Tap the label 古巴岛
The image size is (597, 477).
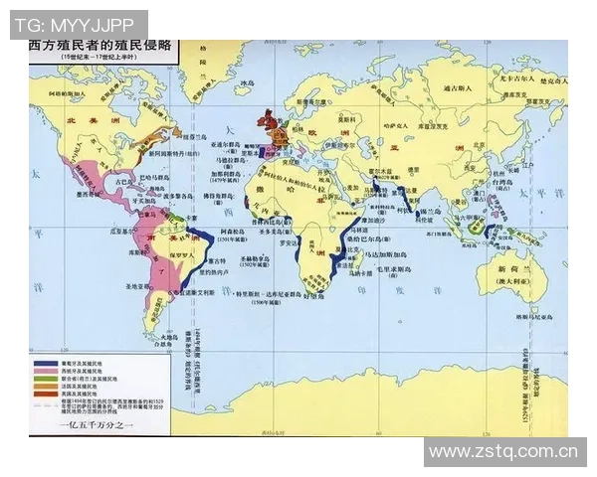(123, 182)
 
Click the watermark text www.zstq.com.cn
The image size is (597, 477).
(503, 452)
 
